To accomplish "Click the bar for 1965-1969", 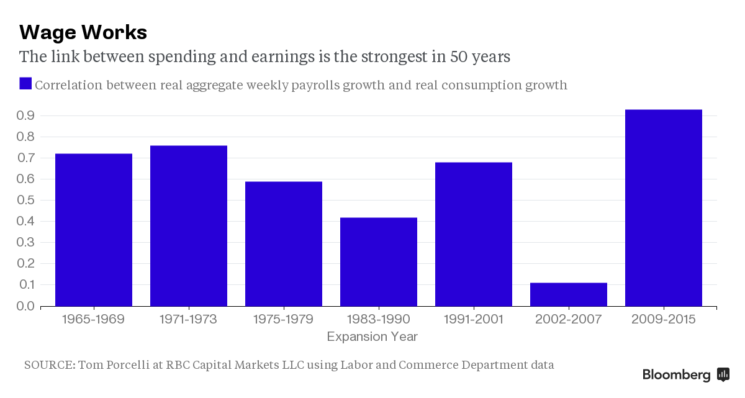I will pos(94,230).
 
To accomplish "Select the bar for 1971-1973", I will pos(189,226).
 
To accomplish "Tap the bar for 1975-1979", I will pos(284,244).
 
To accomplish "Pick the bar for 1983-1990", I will pos(379,262).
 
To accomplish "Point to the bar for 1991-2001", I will pos(474,234).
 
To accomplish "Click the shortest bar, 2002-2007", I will pos(569,294).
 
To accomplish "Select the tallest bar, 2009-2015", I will pos(664,208).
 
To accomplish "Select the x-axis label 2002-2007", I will pos(569,320).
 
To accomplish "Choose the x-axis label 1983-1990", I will pos(379,320).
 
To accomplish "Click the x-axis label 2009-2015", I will pos(664,320).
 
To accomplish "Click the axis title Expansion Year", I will pos(372,337).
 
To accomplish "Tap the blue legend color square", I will pos(25,84).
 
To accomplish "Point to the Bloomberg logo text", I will pos(676,375).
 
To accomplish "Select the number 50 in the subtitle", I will pos(441,57).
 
